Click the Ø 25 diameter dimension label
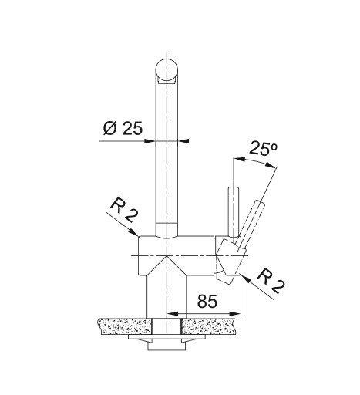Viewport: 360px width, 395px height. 123,128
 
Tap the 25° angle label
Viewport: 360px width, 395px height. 264,148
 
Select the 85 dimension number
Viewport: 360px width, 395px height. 207,301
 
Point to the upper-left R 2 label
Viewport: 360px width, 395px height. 124,210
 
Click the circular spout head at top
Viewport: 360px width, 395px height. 167,69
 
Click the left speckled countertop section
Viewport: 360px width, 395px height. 125,326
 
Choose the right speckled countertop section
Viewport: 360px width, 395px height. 210,326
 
